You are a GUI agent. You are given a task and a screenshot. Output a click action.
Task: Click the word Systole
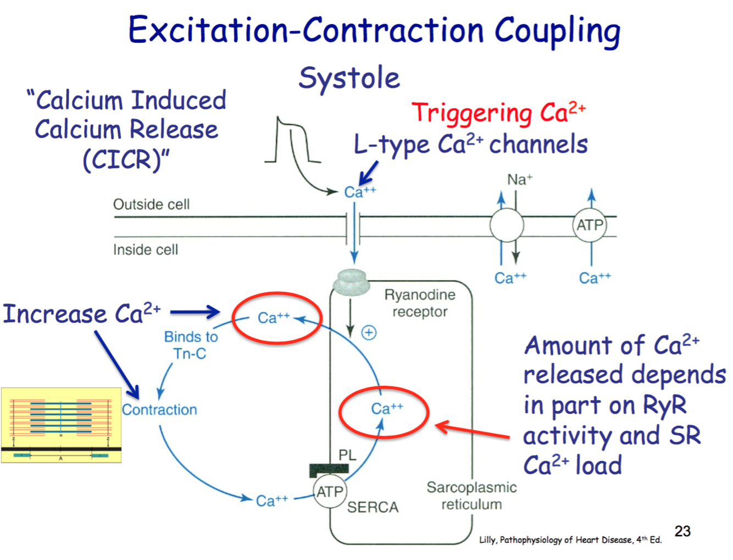349,78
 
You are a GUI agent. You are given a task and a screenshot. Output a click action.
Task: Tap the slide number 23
682,531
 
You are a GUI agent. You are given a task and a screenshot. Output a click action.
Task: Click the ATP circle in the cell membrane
590,225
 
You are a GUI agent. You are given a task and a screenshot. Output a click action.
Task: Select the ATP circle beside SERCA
330,492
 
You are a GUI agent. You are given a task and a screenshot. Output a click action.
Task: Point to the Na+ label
519,180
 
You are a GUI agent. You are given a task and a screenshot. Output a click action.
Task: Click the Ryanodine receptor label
420,303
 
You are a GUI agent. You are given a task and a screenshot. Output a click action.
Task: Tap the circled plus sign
369,332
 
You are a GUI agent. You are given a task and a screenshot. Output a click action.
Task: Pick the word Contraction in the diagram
159,410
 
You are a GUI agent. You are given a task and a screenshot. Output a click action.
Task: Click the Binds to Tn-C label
191,345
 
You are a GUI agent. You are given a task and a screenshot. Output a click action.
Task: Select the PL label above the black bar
347,455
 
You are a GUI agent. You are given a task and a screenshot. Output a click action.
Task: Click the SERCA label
373,507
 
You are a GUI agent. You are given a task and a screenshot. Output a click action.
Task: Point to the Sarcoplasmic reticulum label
471,496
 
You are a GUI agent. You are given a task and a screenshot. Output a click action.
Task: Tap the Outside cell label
151,204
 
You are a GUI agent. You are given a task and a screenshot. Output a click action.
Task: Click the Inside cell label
146,250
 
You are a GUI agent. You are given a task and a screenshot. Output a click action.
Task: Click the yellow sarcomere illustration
61,425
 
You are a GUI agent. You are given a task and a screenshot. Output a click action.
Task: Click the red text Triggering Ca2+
498,113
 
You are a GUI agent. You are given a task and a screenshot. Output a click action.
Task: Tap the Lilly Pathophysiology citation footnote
570,540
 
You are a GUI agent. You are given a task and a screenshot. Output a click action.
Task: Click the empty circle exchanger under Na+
507,225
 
